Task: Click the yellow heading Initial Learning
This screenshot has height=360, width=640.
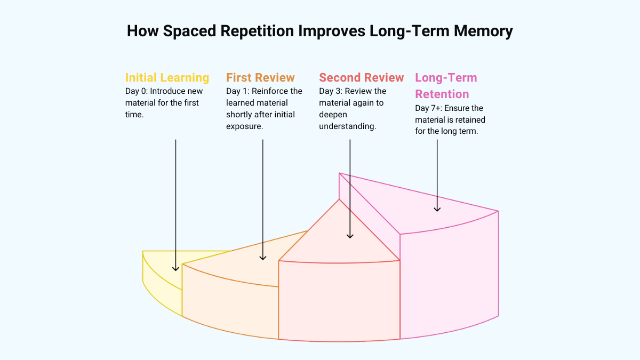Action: (x=167, y=78)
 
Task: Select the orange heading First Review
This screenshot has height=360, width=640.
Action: (x=260, y=78)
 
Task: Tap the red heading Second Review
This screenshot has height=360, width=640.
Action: (x=361, y=78)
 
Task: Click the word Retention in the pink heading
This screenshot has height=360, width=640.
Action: (x=442, y=94)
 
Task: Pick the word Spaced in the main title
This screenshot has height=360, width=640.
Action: (x=187, y=31)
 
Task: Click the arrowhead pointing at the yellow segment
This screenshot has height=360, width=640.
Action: (x=175, y=268)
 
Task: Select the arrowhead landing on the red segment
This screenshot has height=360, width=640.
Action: (x=350, y=235)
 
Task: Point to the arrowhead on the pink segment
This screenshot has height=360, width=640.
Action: (x=437, y=209)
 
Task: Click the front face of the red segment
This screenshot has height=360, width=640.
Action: (x=339, y=301)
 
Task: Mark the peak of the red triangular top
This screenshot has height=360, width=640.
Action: (x=339, y=200)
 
